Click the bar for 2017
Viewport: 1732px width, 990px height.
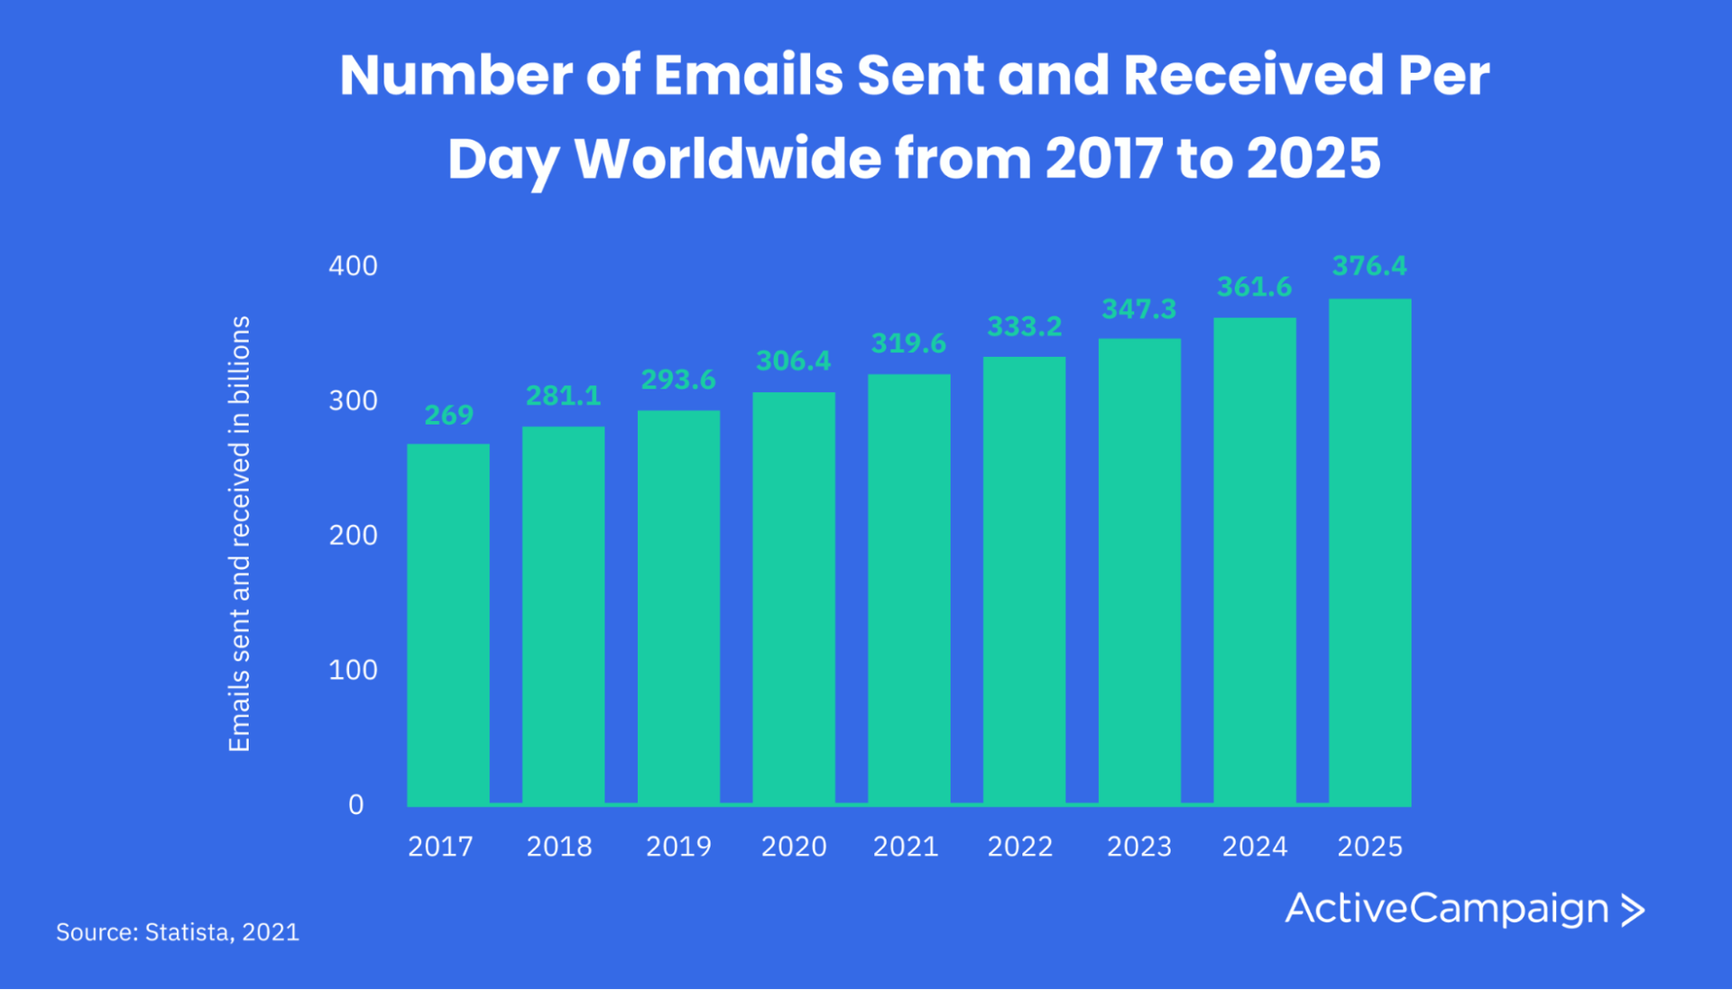(x=448, y=624)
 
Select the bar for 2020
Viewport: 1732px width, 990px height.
(x=794, y=598)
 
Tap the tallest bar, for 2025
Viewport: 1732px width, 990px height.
(x=1369, y=552)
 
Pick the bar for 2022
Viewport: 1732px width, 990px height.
(x=1024, y=581)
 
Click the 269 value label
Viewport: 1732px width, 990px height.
(x=448, y=415)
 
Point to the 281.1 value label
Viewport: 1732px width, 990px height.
(x=563, y=396)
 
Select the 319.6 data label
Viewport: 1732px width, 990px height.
(x=908, y=344)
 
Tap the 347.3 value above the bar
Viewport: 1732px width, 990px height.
(x=1138, y=309)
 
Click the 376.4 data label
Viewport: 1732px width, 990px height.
(x=1369, y=266)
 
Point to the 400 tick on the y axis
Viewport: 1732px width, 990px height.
(x=353, y=266)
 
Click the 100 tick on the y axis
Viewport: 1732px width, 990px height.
(x=353, y=670)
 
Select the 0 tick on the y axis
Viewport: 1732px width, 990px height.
(x=356, y=804)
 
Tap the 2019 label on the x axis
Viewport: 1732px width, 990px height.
(x=678, y=847)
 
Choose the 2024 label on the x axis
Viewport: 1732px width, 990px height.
(x=1254, y=847)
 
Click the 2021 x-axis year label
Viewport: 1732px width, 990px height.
(x=906, y=847)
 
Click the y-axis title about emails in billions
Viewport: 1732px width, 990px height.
(x=239, y=534)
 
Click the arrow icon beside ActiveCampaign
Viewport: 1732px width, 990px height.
(x=1633, y=910)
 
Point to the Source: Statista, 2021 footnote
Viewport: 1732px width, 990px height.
(x=178, y=931)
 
